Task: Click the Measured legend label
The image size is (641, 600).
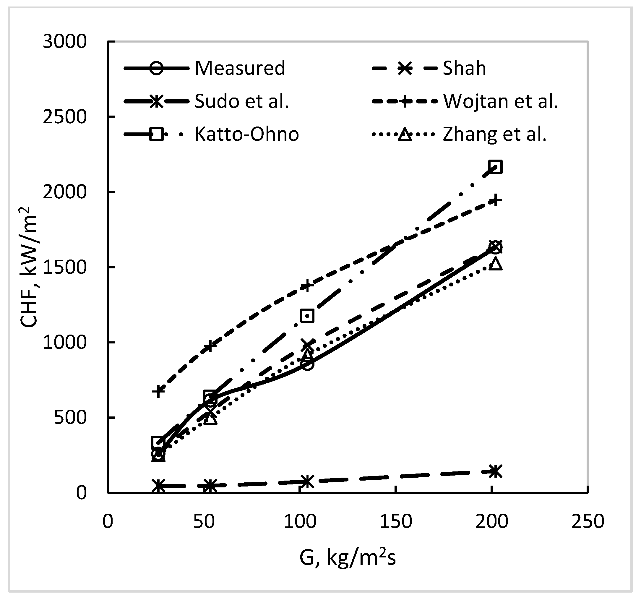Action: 240,68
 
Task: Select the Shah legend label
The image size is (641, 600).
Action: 464,68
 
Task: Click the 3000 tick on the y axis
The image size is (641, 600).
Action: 65,42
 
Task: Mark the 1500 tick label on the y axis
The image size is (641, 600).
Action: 65,267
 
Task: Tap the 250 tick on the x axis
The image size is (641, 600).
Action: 588,521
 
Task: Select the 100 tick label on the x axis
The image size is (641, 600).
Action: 300,521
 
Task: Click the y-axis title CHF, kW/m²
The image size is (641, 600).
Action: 29,267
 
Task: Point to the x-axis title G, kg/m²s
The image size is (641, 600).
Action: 347,558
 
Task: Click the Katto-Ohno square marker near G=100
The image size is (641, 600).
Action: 307,316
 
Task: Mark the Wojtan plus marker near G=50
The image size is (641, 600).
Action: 210,347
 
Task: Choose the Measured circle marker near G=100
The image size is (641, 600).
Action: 307,364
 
